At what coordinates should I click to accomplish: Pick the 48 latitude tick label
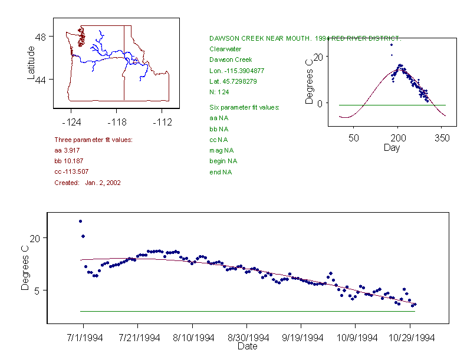tap(41, 37)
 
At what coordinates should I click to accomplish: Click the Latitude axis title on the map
tap(31, 63)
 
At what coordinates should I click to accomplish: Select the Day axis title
tap(392, 147)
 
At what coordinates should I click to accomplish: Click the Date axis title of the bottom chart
tap(247, 346)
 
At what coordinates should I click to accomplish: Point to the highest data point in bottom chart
tap(80, 221)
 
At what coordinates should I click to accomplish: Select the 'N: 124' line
tap(219, 92)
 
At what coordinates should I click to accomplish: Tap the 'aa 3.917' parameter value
tap(67, 151)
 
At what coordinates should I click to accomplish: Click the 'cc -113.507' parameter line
tap(71, 172)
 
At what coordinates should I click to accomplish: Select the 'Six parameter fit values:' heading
tap(244, 107)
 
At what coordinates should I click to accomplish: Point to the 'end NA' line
tap(221, 172)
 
